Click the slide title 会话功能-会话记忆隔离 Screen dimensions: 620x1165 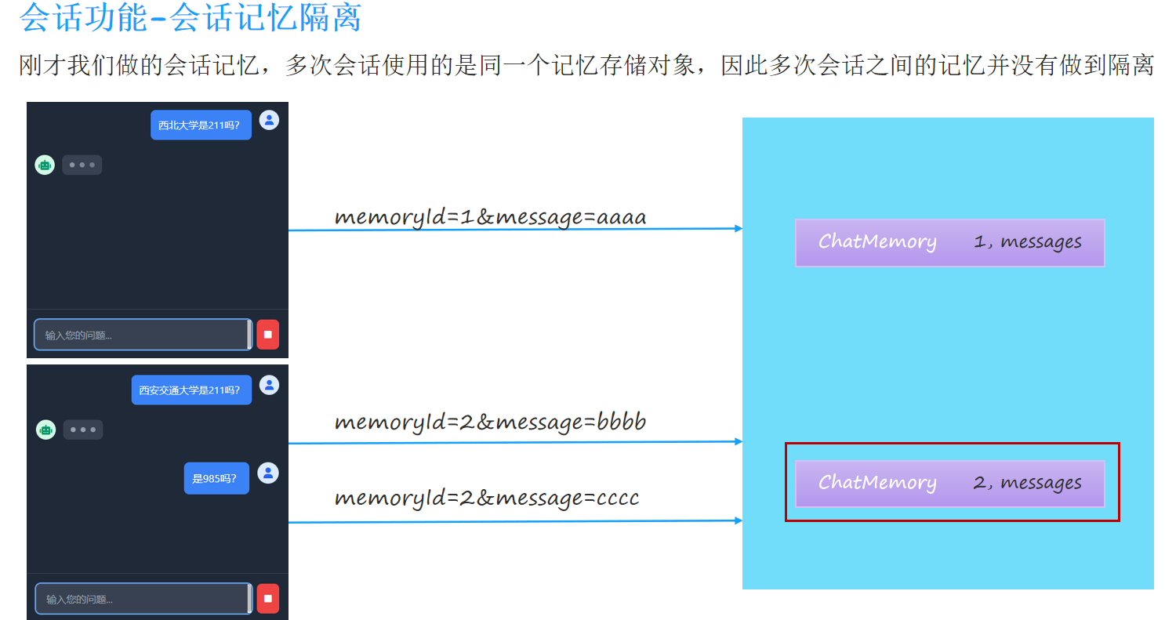[191, 18]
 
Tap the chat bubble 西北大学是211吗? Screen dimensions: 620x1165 [201, 125]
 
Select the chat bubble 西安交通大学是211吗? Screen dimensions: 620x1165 [191, 390]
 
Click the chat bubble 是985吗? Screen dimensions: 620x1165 [216, 478]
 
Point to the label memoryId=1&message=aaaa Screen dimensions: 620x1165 [490, 216]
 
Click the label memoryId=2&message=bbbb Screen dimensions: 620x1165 [490, 422]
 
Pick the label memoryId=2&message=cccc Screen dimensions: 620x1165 [486, 497]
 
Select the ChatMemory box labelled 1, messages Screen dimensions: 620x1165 [949, 243]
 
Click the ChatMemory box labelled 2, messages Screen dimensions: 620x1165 [949, 484]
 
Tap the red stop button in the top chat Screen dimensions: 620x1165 [267, 335]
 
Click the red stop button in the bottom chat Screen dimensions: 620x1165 [267, 599]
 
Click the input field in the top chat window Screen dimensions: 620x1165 [142, 335]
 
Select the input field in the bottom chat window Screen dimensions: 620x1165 [142, 599]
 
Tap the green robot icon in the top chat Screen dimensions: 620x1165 [45, 165]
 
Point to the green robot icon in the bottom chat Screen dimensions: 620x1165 [45, 430]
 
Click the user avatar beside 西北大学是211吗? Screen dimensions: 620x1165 [269, 120]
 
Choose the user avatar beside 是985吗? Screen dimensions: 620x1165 [268, 473]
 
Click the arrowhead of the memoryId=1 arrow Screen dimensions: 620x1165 [739, 229]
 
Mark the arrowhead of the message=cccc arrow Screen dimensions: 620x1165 [739, 520]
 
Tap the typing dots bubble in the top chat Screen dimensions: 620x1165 [82, 165]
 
